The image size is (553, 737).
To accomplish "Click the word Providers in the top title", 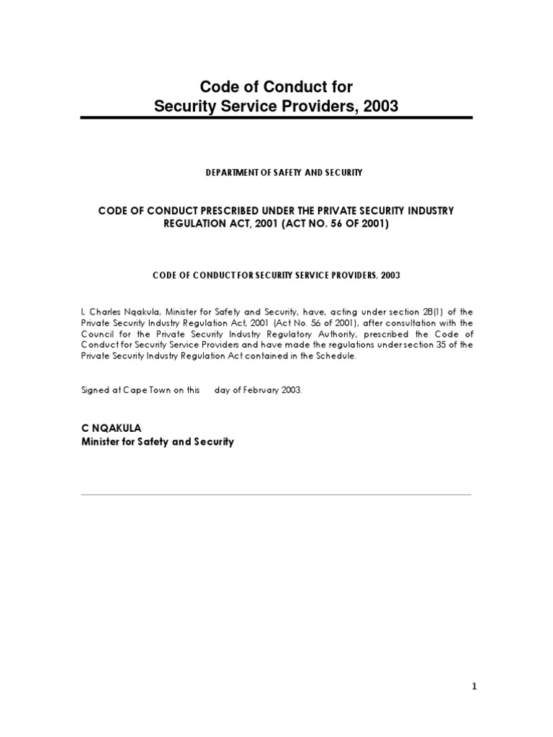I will [x=311, y=107].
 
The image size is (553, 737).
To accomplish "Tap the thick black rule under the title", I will [x=276, y=118].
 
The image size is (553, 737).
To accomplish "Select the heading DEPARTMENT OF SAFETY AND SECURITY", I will [x=276, y=172].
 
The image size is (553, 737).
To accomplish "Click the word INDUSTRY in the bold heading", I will [x=428, y=209].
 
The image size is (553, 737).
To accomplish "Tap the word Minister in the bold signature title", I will [x=102, y=441].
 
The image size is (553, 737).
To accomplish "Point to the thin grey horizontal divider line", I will [x=276, y=494].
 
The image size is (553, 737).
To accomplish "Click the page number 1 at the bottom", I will [x=475, y=687].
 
